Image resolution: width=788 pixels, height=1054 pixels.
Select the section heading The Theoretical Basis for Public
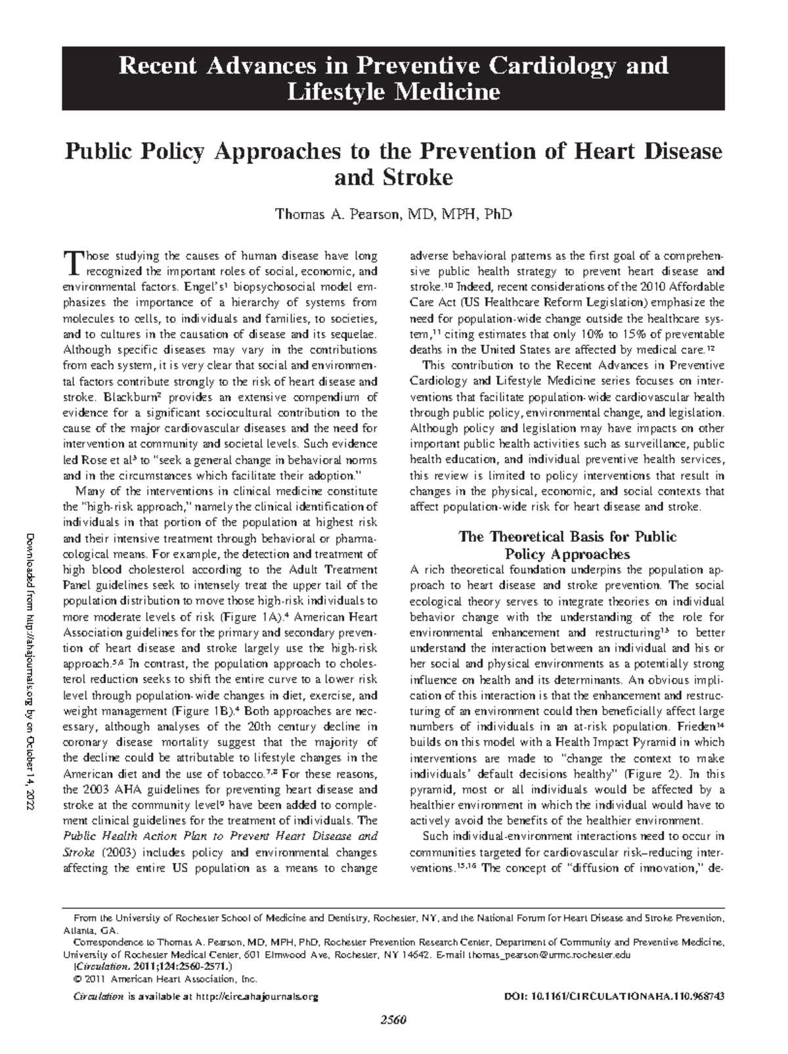coord(567,537)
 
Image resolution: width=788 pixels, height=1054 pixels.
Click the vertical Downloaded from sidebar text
coord(30,676)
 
